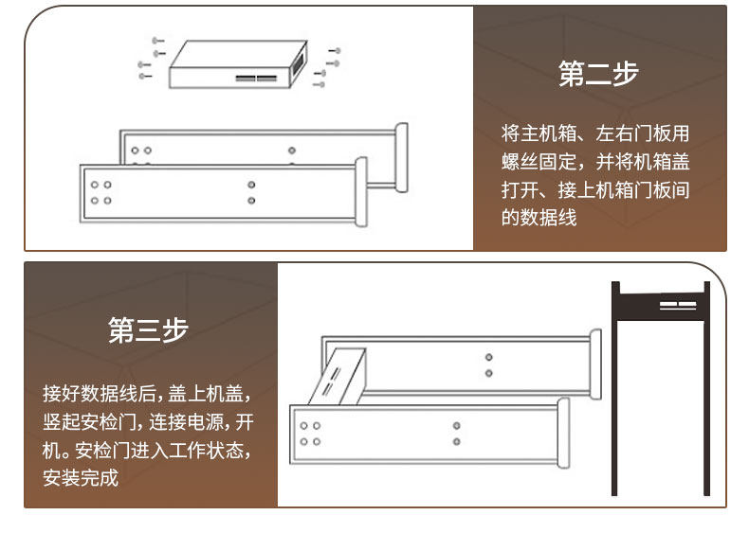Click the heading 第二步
pos(598,74)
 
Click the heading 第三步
pos(148,329)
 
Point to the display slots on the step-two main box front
pos(256,78)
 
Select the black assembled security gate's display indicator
pos(678,305)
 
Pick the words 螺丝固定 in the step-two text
pos(539,161)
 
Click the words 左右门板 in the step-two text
pos(633,133)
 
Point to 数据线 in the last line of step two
pos(548,218)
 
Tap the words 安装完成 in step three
pos(81,478)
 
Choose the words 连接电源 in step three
pos(186,422)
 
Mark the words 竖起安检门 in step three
pos(89,422)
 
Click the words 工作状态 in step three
pos(206,450)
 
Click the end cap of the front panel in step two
pos(361,192)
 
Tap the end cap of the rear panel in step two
pos(402,157)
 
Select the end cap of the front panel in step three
pos(564,433)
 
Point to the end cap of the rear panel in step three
pos(595,364)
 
